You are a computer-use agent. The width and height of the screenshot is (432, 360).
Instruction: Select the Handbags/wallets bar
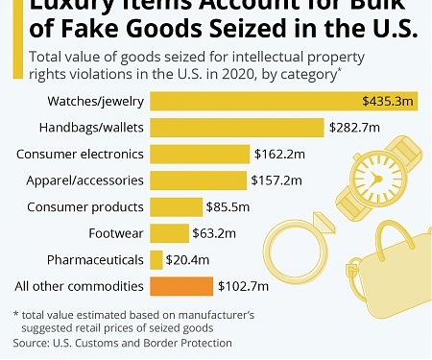pyautogui.click(x=237, y=128)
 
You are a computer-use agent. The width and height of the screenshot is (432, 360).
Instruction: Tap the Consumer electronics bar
pyautogui.click(x=199, y=154)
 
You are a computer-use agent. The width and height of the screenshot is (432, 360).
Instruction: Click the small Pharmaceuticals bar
pyautogui.click(x=156, y=259)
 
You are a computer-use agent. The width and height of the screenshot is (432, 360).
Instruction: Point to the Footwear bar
pyautogui.click(x=170, y=233)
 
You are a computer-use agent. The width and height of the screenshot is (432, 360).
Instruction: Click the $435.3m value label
pyautogui.click(x=388, y=101)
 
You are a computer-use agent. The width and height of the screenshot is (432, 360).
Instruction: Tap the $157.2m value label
pyautogui.click(x=277, y=180)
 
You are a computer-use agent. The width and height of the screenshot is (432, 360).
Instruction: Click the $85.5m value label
pyautogui.click(x=226, y=206)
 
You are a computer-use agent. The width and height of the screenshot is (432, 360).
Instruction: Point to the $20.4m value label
pyautogui.click(x=188, y=259)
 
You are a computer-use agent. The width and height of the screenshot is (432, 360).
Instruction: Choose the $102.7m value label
pyautogui.click(x=242, y=286)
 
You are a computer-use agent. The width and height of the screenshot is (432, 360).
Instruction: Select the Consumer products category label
pyautogui.click(x=85, y=206)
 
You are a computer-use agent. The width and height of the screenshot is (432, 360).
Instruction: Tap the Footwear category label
pyautogui.click(x=116, y=233)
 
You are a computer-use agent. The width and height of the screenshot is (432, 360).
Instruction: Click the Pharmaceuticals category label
pyautogui.click(x=94, y=259)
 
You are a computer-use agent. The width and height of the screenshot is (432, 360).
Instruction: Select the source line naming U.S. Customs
pyautogui.click(x=123, y=343)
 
